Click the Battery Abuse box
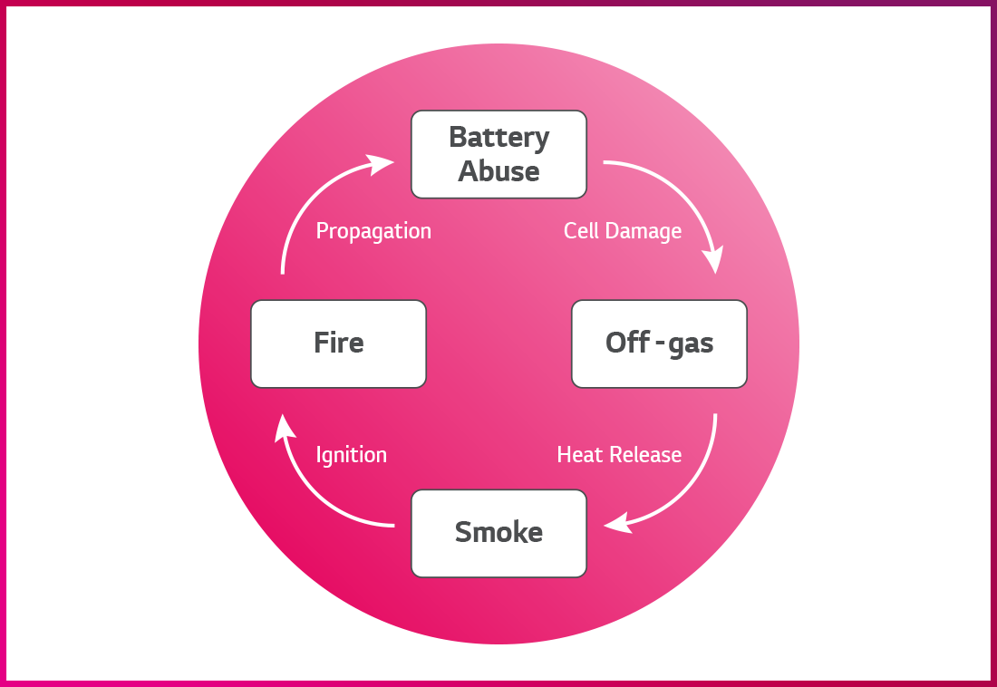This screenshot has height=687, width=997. coord(498,154)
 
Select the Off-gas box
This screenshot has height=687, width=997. coord(659,343)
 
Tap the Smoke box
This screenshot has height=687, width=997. coord(498,533)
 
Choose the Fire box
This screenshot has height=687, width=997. coord(338,343)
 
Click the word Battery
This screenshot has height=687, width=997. coord(498,138)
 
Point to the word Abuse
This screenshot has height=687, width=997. coord(498,171)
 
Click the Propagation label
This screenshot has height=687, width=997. coord(373,231)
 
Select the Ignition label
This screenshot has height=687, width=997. coord(351,455)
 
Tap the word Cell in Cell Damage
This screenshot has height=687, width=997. coord(580,231)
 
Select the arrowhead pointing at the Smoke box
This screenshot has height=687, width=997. coord(616,524)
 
